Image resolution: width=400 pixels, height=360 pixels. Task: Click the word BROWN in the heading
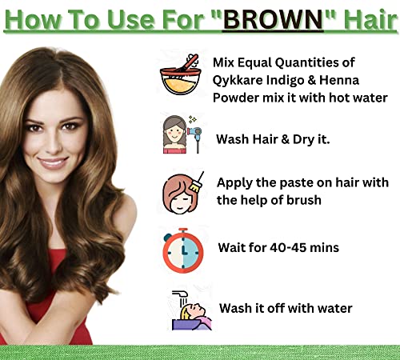[274, 19]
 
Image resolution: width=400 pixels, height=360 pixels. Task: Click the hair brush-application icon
[183, 193]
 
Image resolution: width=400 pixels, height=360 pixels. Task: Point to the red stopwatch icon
[183, 250]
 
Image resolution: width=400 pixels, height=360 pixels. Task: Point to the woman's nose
[54, 145]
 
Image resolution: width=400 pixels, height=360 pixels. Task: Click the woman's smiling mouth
[53, 163]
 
